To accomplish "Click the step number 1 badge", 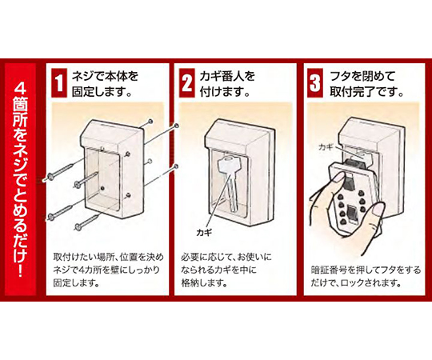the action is (x=59, y=83).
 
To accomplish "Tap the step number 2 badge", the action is (x=186, y=83).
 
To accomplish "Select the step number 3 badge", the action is (x=315, y=83).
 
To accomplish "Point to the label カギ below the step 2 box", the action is (x=204, y=233).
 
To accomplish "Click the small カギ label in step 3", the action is (x=326, y=147).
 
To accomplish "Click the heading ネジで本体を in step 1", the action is (x=105, y=76).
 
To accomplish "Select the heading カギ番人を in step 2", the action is (x=227, y=76).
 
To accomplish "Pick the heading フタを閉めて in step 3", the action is (x=363, y=76).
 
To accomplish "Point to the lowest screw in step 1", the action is (x=87, y=222).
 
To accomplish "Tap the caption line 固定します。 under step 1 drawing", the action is (x=76, y=283).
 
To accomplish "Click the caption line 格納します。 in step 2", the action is (x=204, y=283).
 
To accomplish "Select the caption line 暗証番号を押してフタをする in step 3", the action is (x=366, y=270).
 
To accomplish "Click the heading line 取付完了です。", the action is (x=367, y=92).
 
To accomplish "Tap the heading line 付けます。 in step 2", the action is (x=225, y=92).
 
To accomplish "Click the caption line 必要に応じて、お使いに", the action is (x=226, y=258).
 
